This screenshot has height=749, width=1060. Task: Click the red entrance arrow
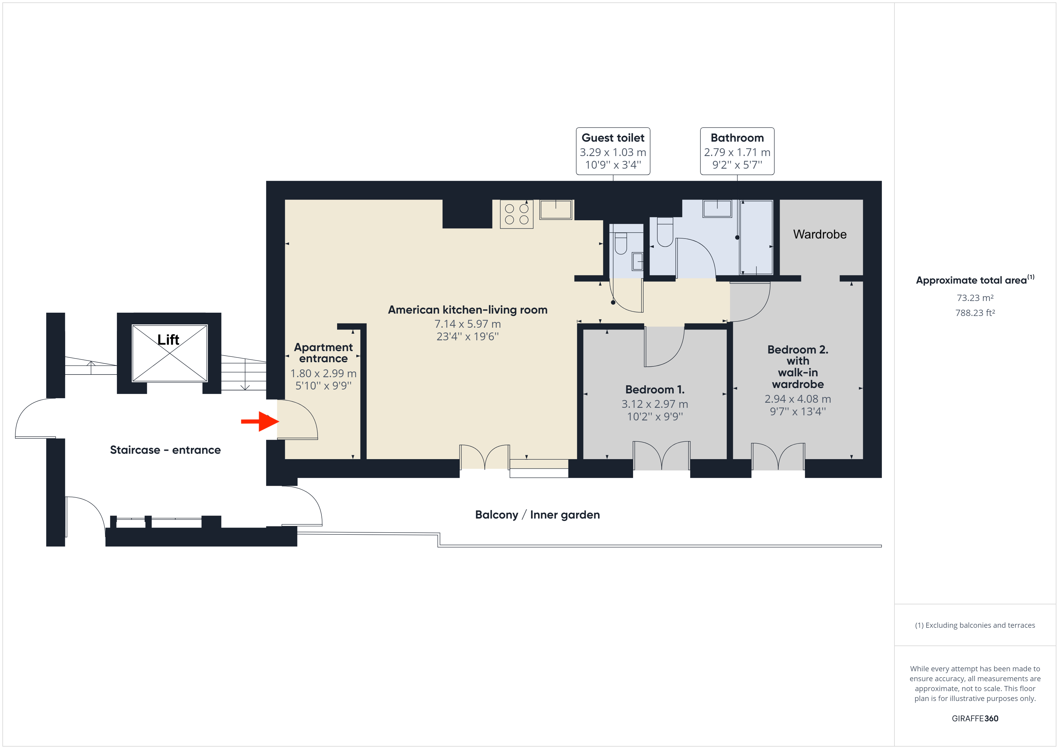260,421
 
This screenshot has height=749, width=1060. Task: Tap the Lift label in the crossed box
168,340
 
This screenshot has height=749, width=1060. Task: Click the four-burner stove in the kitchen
516,214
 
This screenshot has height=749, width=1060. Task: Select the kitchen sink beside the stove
556,210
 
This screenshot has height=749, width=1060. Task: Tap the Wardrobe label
819,234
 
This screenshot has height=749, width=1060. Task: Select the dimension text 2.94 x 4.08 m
797,399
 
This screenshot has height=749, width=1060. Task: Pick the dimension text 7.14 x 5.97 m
467,324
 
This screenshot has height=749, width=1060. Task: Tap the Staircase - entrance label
165,450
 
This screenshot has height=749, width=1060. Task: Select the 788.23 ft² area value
975,313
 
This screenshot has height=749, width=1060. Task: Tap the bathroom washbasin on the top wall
717,209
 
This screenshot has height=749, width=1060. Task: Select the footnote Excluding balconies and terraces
975,625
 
